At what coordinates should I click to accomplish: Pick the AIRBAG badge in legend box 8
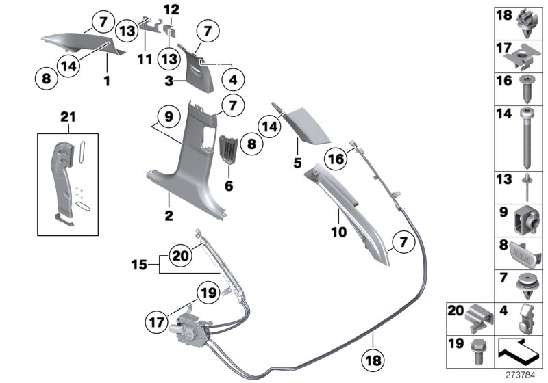click(x=524, y=249)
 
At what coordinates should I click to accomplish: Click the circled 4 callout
click(x=232, y=79)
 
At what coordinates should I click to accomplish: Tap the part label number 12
click(x=171, y=10)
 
